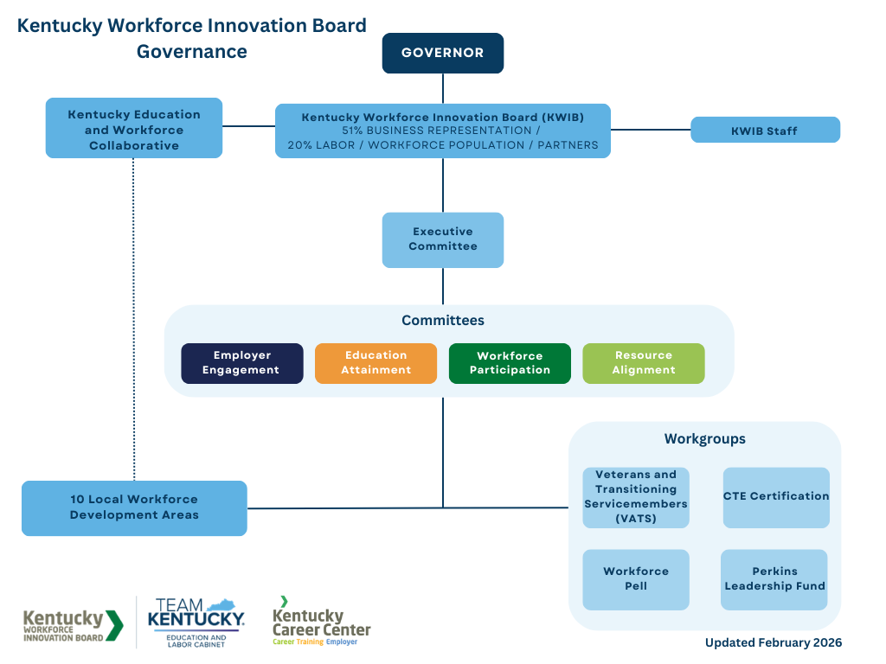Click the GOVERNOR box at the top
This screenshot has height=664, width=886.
tap(443, 53)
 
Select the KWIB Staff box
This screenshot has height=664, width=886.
tap(765, 131)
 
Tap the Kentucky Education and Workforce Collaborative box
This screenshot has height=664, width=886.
tap(134, 129)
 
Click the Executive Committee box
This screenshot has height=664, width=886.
tap(443, 239)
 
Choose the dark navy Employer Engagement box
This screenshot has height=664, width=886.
tap(242, 363)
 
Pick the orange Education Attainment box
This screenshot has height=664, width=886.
tap(376, 363)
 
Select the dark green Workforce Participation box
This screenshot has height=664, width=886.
tap(510, 363)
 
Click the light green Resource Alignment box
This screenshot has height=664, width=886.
tap(644, 363)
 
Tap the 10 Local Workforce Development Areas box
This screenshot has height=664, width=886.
tap(134, 508)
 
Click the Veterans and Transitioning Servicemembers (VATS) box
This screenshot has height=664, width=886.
tap(636, 497)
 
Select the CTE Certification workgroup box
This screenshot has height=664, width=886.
tap(776, 497)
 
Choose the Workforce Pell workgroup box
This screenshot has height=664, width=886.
tap(636, 579)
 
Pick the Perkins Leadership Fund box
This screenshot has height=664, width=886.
tap(774, 579)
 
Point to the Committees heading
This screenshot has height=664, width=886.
tap(443, 321)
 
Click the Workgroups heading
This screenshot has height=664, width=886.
tap(704, 439)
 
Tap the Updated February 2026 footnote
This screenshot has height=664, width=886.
tap(773, 642)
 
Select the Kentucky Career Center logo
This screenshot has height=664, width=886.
tap(321, 622)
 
